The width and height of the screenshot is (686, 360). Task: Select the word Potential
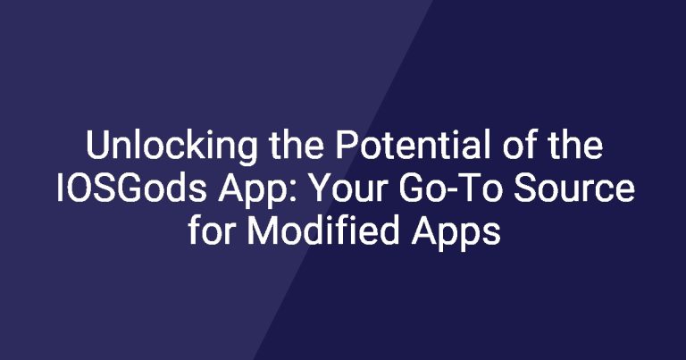pos(413,145)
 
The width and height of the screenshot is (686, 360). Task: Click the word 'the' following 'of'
pos(575,145)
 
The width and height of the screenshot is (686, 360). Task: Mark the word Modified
pos(322,230)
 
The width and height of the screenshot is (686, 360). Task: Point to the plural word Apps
pos(455,233)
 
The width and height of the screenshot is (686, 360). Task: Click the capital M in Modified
pos(263,230)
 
